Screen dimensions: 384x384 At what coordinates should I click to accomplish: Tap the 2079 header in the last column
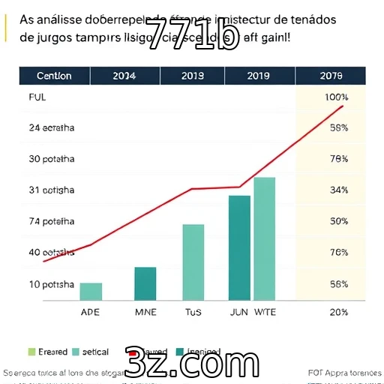(330, 76)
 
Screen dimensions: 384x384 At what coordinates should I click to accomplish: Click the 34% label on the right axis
(338, 190)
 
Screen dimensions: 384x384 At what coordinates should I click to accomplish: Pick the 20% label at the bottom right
(338, 311)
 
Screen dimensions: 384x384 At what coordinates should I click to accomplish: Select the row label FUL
(37, 97)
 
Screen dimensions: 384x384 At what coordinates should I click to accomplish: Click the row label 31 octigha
(52, 190)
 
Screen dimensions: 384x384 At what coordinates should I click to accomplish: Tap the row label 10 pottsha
(52, 284)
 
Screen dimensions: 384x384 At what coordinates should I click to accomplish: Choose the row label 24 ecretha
(52, 127)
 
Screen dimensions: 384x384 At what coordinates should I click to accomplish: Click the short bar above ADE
(91, 292)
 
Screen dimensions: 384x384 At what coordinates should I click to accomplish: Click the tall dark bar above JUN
(239, 247)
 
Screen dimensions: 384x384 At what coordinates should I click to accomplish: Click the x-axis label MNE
(145, 311)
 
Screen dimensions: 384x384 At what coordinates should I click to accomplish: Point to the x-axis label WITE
(265, 311)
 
